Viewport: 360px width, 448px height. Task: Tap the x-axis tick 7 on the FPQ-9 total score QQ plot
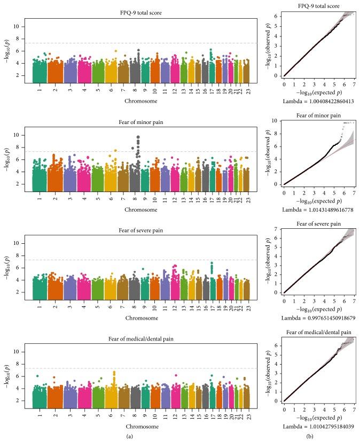tap(353, 84)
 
